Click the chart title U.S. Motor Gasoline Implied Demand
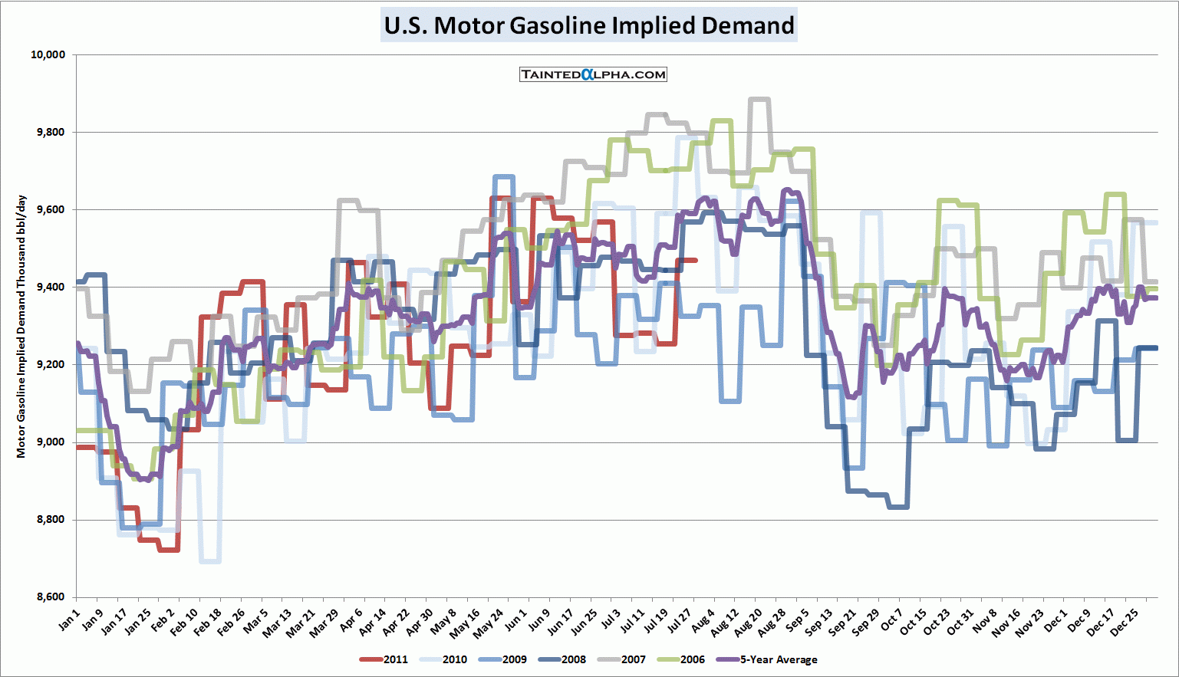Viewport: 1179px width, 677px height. pyautogui.click(x=589, y=25)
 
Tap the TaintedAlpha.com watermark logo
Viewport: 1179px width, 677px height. pyautogui.click(x=593, y=74)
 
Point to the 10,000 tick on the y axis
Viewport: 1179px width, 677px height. pyautogui.click(x=48, y=54)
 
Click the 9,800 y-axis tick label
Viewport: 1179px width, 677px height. pyautogui.click(x=51, y=132)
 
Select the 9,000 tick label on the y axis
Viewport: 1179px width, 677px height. pyautogui.click(x=51, y=442)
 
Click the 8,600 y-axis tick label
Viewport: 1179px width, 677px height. pyautogui.click(x=51, y=597)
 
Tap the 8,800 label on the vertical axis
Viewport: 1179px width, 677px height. pyautogui.click(x=51, y=520)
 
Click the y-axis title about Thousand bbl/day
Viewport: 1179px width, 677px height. pyautogui.click(x=21, y=327)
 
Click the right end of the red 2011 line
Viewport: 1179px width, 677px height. pyautogui.click(x=695, y=261)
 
